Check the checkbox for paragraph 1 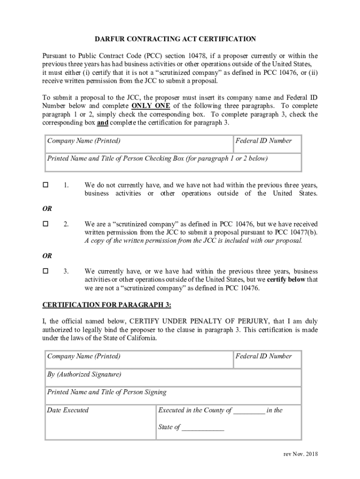tap(46, 185)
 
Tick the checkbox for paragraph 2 tap(46, 224)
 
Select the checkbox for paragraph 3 tap(46, 271)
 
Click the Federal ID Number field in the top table tap(267, 144)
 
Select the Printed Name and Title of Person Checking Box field tap(173, 162)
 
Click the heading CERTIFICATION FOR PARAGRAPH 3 tap(107, 305)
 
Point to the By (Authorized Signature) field tap(173, 377)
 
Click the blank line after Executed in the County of tap(249, 411)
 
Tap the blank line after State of tap(203, 428)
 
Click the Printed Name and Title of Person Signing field tap(173, 396)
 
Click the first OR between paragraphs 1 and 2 tap(47, 209)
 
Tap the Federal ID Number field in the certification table tap(267, 359)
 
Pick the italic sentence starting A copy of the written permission tap(193, 241)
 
